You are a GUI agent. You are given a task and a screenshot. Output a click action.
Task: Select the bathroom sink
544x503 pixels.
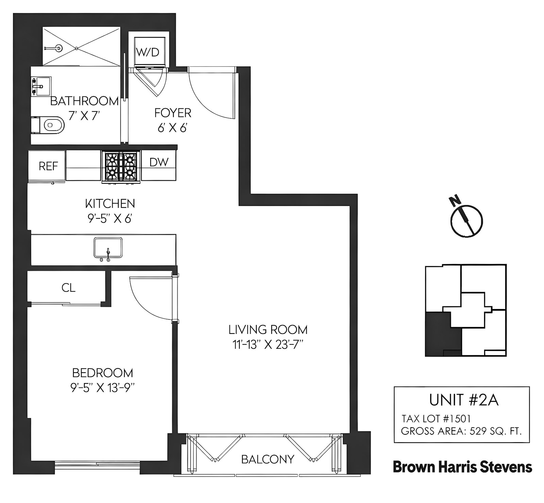coord(40,87)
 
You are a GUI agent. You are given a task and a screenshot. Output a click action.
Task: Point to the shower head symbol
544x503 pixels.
coord(59,48)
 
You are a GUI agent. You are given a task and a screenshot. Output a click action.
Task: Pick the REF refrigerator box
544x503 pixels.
coord(48,166)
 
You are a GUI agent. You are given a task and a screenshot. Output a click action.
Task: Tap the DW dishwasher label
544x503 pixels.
coord(159,162)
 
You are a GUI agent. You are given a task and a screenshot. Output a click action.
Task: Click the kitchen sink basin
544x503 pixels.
coord(108,247)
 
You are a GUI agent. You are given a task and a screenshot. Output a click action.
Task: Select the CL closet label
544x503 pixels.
coord(68,288)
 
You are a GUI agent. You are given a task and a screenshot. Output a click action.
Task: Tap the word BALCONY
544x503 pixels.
coord(268,459)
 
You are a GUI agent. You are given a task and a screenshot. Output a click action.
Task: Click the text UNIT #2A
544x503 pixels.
coord(464,400)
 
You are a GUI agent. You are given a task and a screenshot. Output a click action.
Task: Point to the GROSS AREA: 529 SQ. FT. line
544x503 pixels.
coord(461,431)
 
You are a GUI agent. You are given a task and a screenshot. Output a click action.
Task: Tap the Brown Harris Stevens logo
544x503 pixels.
coord(462,467)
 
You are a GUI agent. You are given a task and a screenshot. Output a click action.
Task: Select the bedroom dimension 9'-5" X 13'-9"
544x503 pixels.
coord(102,388)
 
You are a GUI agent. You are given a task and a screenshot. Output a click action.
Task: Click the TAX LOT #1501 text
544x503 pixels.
coord(436,418)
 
